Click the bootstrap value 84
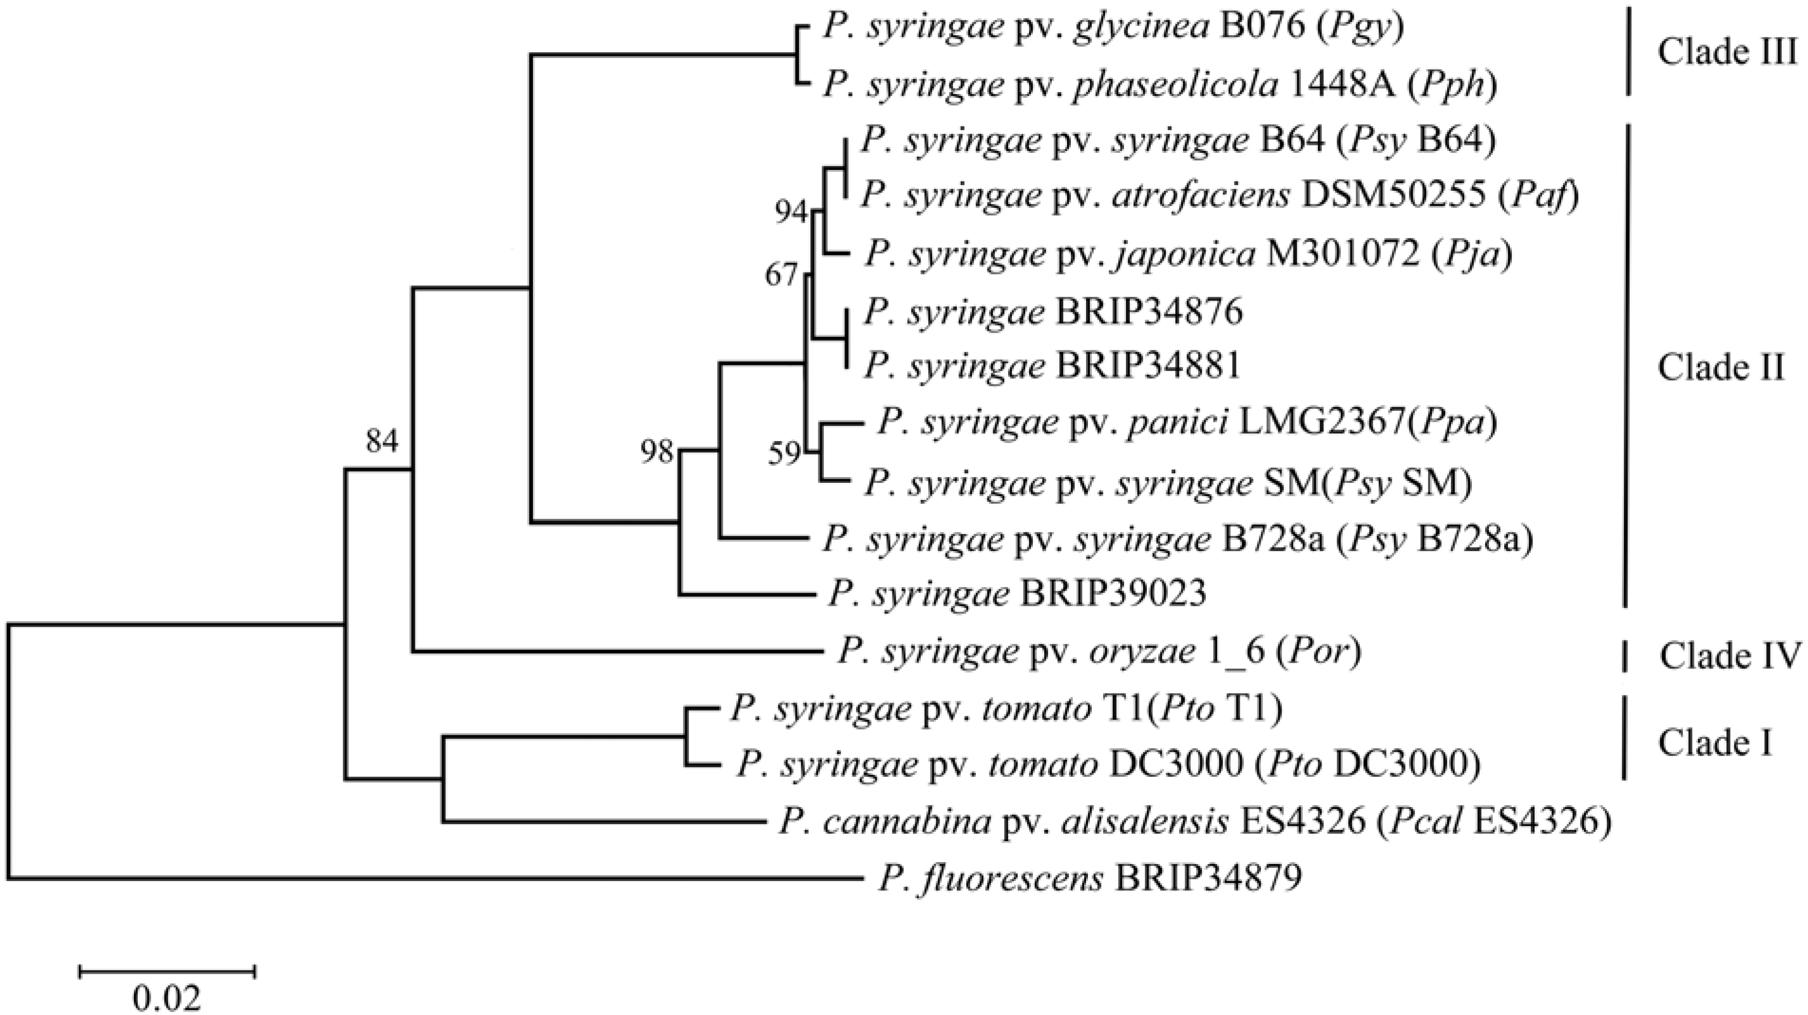pyautogui.click(x=382, y=442)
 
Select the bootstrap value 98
pyautogui.click(x=656, y=453)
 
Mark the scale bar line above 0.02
pyautogui.click(x=167, y=971)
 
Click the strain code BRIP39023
pyautogui.click(x=1113, y=594)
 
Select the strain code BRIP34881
pyautogui.click(x=1148, y=366)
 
